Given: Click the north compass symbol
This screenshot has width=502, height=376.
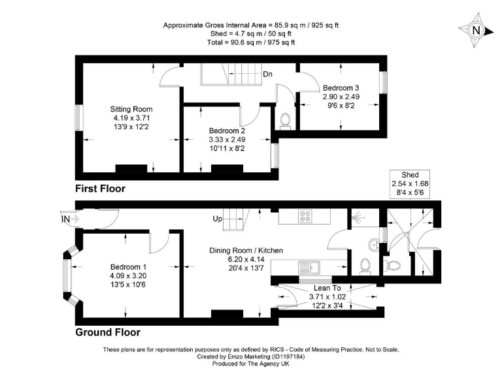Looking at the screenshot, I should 476,29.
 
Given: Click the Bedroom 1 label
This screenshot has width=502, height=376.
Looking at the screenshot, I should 129,267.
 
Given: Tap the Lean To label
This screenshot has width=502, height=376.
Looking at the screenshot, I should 326,287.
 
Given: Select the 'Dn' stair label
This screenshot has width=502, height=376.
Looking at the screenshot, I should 268,74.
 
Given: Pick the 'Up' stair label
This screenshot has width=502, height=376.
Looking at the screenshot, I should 218,219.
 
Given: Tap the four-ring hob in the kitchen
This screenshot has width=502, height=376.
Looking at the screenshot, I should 305,216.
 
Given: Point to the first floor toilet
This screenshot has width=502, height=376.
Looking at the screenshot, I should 284,119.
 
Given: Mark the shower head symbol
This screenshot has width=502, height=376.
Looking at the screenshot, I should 356,218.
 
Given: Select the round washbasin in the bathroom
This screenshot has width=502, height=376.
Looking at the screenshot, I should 373,246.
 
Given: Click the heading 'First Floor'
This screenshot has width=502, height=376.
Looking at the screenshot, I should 100,189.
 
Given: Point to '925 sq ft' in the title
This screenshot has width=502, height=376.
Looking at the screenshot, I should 322,25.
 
